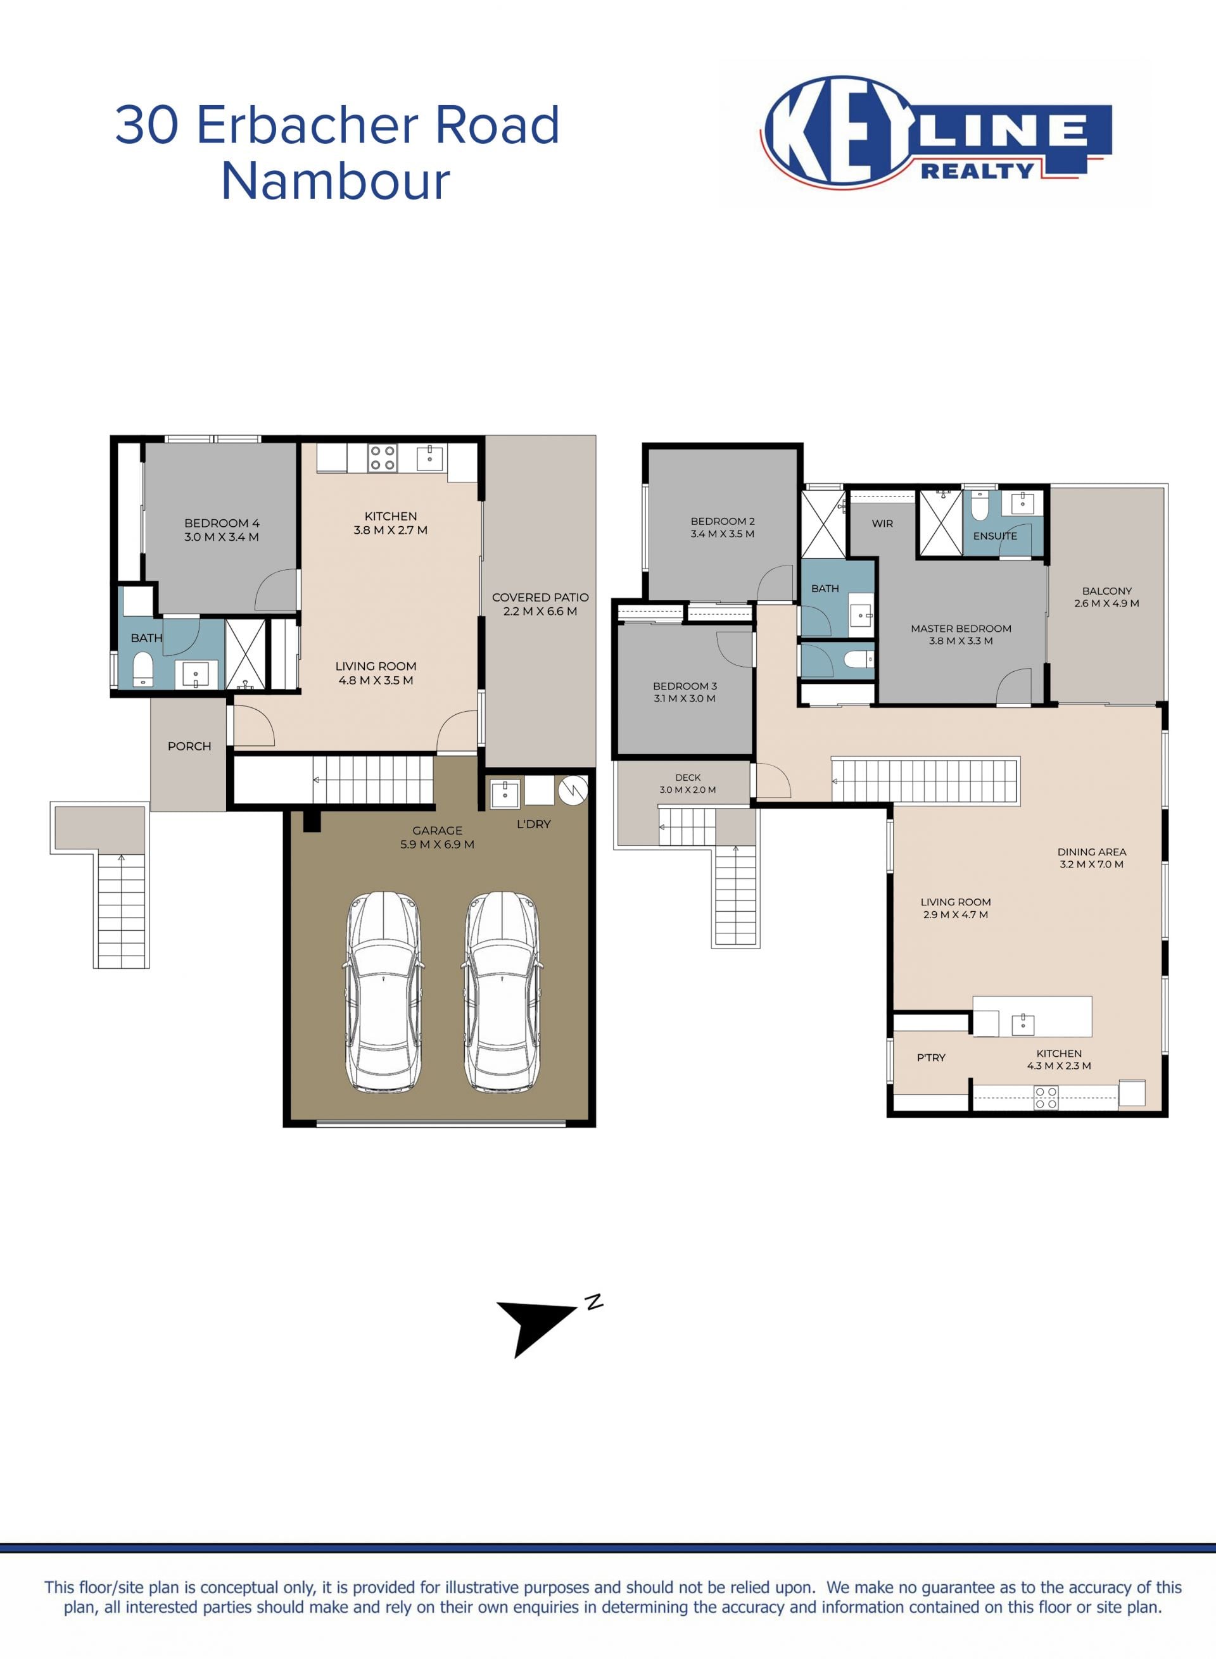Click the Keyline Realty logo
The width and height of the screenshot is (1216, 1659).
click(936, 132)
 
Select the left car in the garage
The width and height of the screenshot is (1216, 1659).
click(384, 992)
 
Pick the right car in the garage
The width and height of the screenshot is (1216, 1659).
click(502, 992)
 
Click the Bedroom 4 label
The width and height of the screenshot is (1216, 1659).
click(222, 523)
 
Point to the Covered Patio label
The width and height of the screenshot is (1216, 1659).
click(540, 598)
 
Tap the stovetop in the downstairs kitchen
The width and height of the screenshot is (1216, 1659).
click(383, 457)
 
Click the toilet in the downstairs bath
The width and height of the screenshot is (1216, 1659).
click(142, 670)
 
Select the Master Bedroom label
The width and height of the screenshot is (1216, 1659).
click(961, 629)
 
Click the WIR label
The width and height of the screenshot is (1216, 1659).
click(882, 523)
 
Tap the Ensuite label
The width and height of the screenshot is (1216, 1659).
click(995, 536)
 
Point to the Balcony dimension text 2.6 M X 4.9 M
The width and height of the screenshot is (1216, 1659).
click(1106, 603)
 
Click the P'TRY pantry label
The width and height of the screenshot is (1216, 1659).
click(931, 1057)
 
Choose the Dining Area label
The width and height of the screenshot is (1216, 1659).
click(1092, 852)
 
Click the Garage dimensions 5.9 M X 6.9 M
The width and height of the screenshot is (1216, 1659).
click(437, 844)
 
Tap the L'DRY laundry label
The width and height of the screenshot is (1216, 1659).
click(534, 824)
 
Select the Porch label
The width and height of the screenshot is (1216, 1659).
click(189, 747)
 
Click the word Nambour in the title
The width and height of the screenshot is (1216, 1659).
click(336, 181)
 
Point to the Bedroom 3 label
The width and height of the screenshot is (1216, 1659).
click(685, 686)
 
